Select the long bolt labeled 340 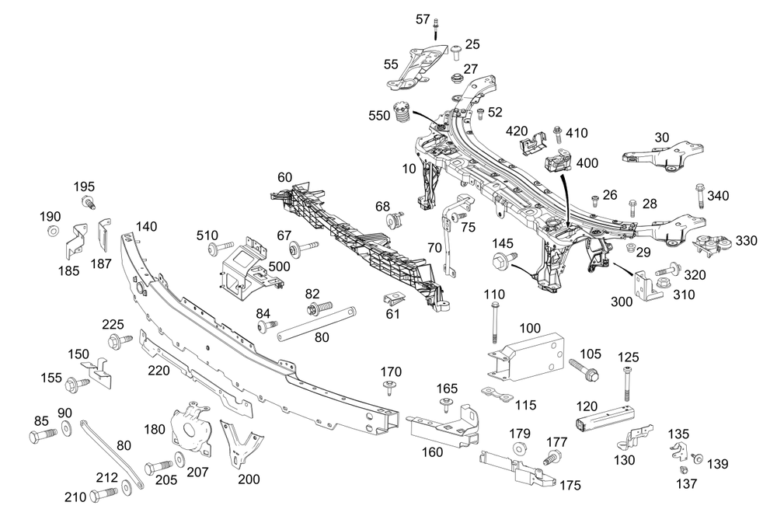(x=699, y=195)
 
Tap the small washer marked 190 (x=52, y=232)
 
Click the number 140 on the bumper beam (x=146, y=226)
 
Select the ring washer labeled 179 (x=519, y=449)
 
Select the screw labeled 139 (x=697, y=458)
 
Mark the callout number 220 (x=159, y=371)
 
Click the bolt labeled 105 (x=584, y=369)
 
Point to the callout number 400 (x=587, y=163)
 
